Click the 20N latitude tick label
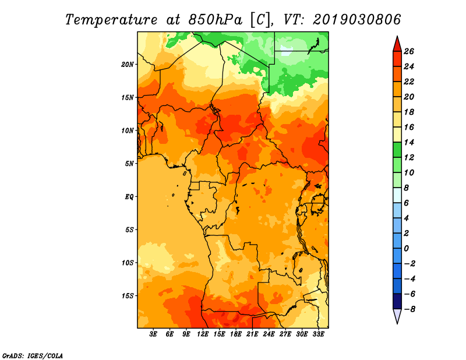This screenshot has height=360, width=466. point(128,65)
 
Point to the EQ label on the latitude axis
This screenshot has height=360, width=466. point(129,197)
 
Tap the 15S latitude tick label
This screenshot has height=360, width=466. point(128,296)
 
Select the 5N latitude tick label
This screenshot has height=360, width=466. point(129,164)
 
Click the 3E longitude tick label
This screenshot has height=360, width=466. point(153,334)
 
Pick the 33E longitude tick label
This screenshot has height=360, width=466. point(318,334)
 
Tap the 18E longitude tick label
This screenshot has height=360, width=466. point(236,334)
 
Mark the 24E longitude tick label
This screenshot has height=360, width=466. point(269,334)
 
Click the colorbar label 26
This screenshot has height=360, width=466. point(409,51)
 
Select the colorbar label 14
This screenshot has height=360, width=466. point(409,142)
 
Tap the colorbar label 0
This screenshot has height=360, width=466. point(406,249)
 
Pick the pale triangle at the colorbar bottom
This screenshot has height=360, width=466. point(397,315)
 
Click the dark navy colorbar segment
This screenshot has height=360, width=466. point(397,301)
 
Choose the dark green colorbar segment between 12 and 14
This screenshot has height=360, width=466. point(397,150)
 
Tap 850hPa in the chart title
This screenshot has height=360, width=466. point(215,20)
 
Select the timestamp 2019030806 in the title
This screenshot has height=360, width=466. point(356,20)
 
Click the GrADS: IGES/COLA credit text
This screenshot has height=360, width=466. point(33,355)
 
